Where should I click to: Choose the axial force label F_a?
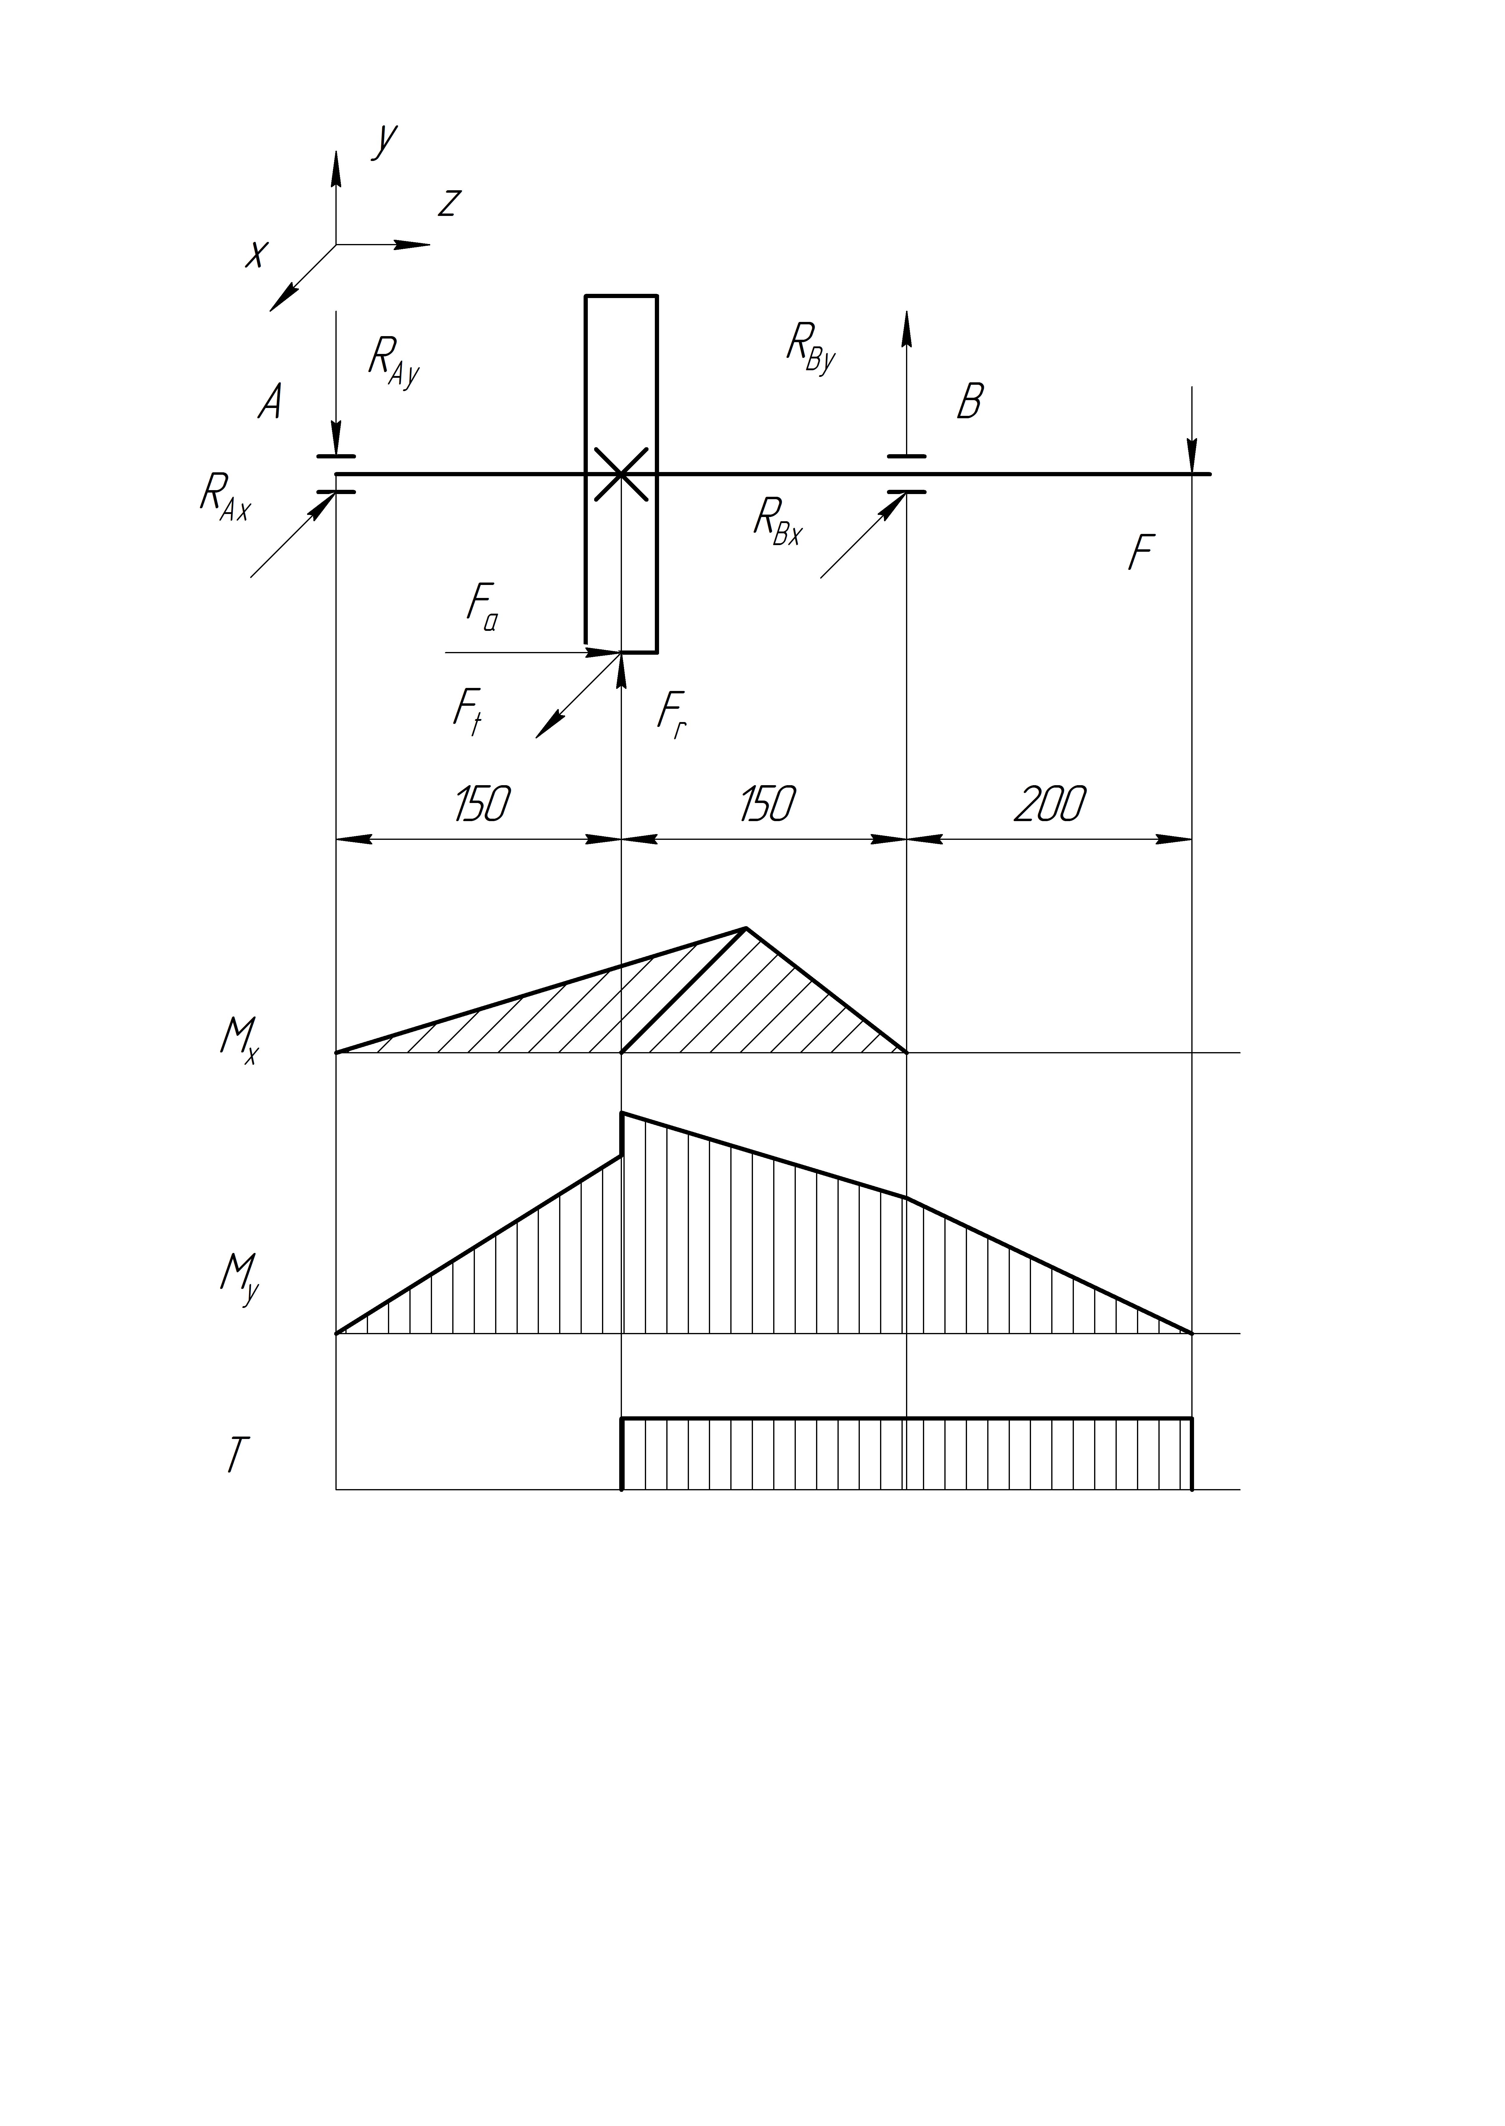tap(482, 607)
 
